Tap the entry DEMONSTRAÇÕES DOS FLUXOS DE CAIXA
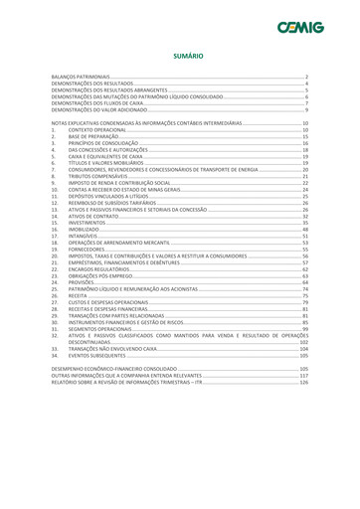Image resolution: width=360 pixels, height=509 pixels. pyautogui.click(x=102, y=101)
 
